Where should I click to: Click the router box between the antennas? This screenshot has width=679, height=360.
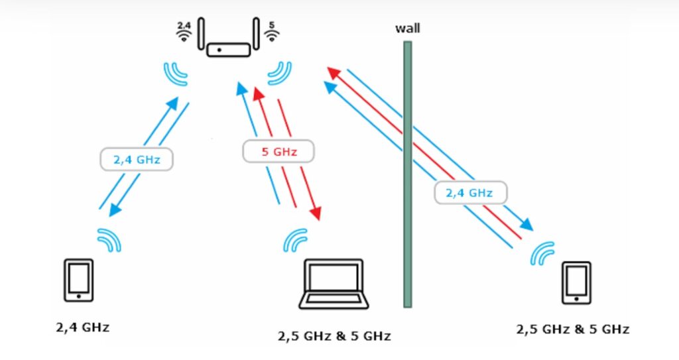coord(229,50)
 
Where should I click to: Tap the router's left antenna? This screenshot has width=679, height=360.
coord(201,33)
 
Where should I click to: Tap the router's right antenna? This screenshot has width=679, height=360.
coord(257,33)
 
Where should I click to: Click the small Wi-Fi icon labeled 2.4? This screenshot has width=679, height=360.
coord(184,32)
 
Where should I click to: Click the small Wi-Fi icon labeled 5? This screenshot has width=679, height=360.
coord(272,32)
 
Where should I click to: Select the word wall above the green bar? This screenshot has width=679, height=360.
coord(408,29)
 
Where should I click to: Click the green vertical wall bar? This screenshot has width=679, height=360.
coord(408,174)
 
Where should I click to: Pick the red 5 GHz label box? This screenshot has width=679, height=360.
coord(278,152)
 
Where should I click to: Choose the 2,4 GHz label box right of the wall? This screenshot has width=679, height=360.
coord(470,193)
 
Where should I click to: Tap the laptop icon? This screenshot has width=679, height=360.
coord(334,284)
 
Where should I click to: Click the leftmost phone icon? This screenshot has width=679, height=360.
coord(79,280)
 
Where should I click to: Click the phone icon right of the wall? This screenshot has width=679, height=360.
coord(576,283)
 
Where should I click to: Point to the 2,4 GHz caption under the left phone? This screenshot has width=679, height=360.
coord(83,328)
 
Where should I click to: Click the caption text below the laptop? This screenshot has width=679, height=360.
coord(334,336)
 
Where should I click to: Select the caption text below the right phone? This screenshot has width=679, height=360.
coord(572,330)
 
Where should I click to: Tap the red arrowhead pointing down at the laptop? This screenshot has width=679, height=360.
coord(316,213)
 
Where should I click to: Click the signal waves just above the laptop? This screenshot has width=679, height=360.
coord(295,240)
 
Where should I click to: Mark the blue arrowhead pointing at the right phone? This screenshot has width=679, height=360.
coord(526,224)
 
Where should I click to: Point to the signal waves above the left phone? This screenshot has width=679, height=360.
coord(109,240)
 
